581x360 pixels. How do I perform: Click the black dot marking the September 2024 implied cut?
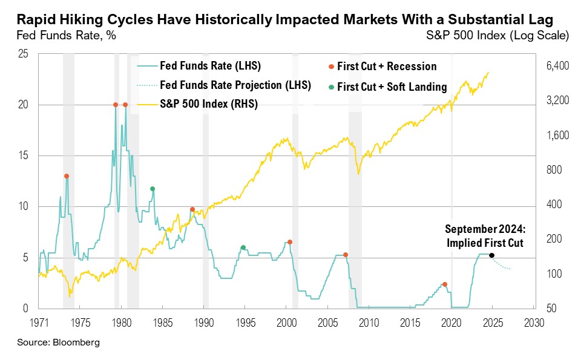coord(491,255)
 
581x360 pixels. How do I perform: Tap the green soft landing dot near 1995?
coord(243,247)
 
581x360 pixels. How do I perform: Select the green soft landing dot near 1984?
coord(153,189)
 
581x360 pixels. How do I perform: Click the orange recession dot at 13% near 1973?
coord(67,176)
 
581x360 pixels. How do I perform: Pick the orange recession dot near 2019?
coord(445,284)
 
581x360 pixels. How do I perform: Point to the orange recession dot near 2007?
coord(346,255)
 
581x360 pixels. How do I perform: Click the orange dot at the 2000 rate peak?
coord(290,242)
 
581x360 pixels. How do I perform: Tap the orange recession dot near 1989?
coord(192,209)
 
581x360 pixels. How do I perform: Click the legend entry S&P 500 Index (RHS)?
coord(208,104)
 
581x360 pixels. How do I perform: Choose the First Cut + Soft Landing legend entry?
coord(392,87)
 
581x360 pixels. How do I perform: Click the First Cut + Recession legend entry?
coord(386,67)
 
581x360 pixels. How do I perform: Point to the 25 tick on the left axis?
coord(24,54)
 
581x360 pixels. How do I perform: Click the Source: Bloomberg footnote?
coord(58,342)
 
